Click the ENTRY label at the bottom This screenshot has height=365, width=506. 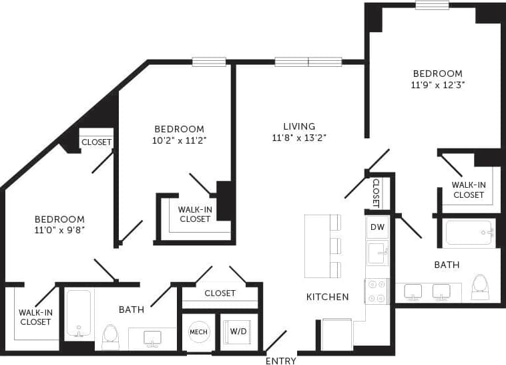tap(281, 361)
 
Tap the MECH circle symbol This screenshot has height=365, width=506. tap(199, 332)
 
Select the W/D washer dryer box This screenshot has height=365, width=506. tap(237, 332)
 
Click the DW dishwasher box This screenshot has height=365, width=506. tap(376, 227)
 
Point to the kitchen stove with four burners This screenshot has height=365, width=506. tap(376, 291)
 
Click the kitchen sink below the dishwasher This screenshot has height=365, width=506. tap(376, 254)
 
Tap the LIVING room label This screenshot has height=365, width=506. tap(298, 126)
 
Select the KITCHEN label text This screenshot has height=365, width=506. tap(327, 297)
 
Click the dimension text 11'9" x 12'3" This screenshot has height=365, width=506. tap(438, 85)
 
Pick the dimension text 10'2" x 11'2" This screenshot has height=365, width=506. tap(179, 141)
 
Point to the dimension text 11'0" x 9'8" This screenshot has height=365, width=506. tap(59, 231)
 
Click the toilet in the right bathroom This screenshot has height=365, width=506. tap(479, 286)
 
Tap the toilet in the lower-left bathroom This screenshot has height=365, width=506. tap(110, 336)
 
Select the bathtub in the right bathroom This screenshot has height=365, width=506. tap(469, 233)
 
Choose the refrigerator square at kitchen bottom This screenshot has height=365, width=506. tap(336, 334)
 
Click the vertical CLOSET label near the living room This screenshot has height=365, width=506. tap(376, 193)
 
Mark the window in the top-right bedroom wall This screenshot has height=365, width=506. tap(432, 5)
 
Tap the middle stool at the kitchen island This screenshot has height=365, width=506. tap(334, 246)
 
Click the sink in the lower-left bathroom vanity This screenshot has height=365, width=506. tap(153, 338)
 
